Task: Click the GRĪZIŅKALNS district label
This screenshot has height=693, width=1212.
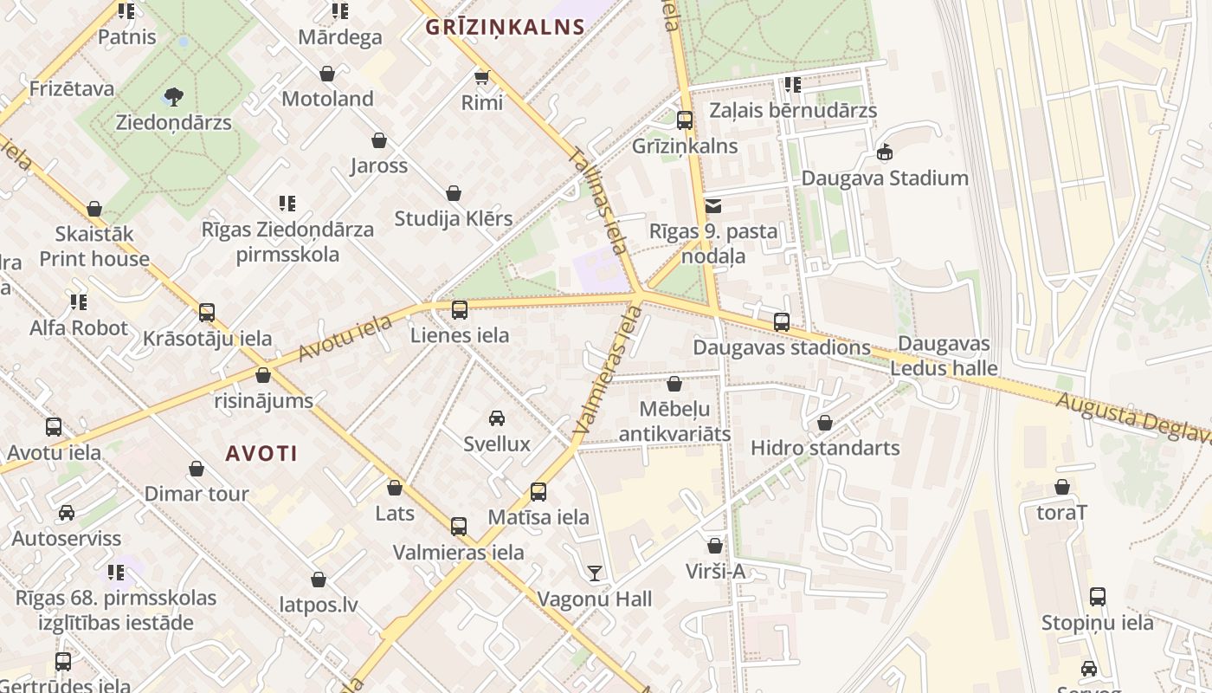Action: point(506,27)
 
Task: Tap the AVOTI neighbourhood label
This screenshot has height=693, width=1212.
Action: point(261,453)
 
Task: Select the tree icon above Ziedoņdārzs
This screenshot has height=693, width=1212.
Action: point(174,96)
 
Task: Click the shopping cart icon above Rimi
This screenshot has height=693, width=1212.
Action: point(482,78)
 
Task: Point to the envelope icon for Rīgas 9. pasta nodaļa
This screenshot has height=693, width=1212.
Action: point(713,206)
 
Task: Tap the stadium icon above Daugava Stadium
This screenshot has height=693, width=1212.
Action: point(884,153)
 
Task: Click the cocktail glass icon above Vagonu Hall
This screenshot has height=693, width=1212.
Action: point(594,573)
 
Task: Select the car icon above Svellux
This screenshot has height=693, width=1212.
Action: point(497,419)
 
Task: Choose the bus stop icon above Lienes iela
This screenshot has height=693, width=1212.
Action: point(460,309)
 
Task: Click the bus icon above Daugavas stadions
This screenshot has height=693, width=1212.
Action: point(782,322)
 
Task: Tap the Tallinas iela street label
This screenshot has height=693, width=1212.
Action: point(598,200)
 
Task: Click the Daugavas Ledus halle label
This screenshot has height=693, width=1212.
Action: point(944,356)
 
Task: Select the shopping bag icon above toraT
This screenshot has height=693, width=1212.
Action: point(1062,487)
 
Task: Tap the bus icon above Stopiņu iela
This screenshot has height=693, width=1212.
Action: point(1098,597)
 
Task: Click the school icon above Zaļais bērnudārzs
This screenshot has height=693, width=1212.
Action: point(792,85)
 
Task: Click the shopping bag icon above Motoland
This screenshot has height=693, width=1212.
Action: point(327,74)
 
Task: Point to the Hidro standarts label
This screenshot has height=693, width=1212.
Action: point(825,448)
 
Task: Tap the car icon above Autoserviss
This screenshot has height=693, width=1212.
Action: point(67,513)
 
